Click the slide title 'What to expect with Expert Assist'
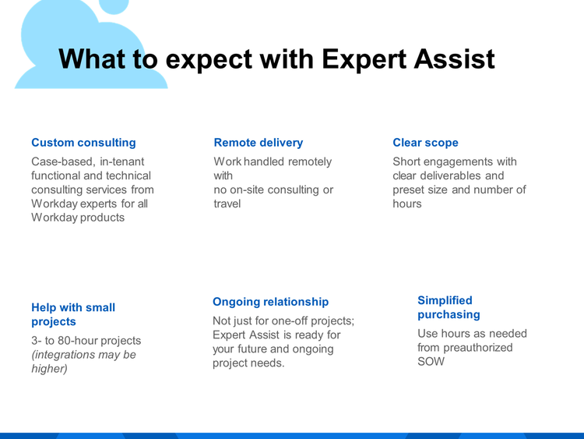[276, 59]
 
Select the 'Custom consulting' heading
[83, 143]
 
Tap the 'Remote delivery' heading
[259, 143]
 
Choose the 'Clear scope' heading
[425, 143]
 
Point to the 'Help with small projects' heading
[73, 314]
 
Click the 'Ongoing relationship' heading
[270, 302]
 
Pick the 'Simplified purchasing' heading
[449, 307]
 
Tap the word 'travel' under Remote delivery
[227, 204]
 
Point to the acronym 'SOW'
[431, 362]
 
